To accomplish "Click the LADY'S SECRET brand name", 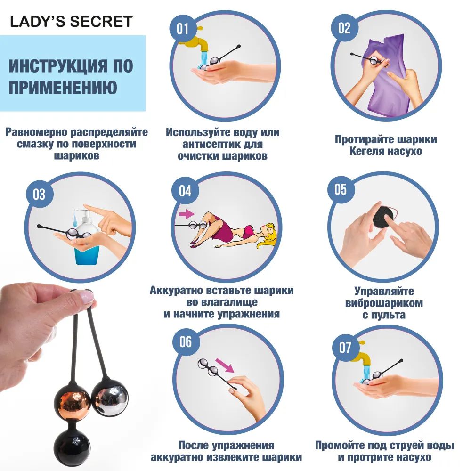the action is (72, 22).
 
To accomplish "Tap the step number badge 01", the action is (183, 29).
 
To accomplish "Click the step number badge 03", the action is (39, 195).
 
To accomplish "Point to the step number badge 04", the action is (185, 191).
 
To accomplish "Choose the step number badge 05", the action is (341, 189).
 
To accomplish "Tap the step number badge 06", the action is (186, 342).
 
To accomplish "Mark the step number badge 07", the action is (345, 348).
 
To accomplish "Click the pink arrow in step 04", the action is (187, 214).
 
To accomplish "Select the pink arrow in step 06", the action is (225, 365).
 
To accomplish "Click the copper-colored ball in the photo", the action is (73, 403).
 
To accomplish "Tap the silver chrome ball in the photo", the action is (110, 397).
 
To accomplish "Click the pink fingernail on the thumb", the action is (87, 298).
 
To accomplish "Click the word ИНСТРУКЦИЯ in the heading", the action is (58, 66).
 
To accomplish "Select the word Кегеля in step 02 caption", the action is (366, 151).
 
